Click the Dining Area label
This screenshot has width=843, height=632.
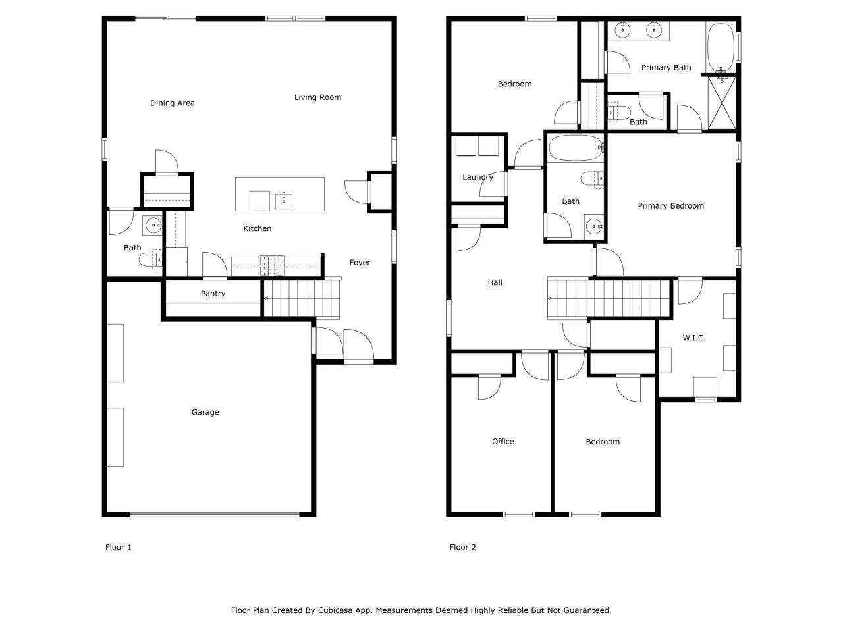(173, 103)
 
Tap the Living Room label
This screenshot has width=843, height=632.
(317, 97)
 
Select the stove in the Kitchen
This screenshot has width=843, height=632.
(271, 265)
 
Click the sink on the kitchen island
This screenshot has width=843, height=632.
(284, 199)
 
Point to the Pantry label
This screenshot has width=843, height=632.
(213, 294)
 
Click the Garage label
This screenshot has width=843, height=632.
(205, 413)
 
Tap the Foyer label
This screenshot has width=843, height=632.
(360, 263)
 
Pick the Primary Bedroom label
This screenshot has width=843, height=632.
(670, 206)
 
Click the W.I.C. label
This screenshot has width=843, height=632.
(693, 338)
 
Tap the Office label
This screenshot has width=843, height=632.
(503, 442)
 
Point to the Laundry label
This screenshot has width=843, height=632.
(477, 178)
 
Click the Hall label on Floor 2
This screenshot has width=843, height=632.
(495, 283)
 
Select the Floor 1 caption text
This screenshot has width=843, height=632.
(119, 548)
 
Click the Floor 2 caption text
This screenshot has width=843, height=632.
(462, 548)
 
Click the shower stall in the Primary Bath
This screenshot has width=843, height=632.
(722, 105)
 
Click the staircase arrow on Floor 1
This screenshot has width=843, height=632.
(266, 299)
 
